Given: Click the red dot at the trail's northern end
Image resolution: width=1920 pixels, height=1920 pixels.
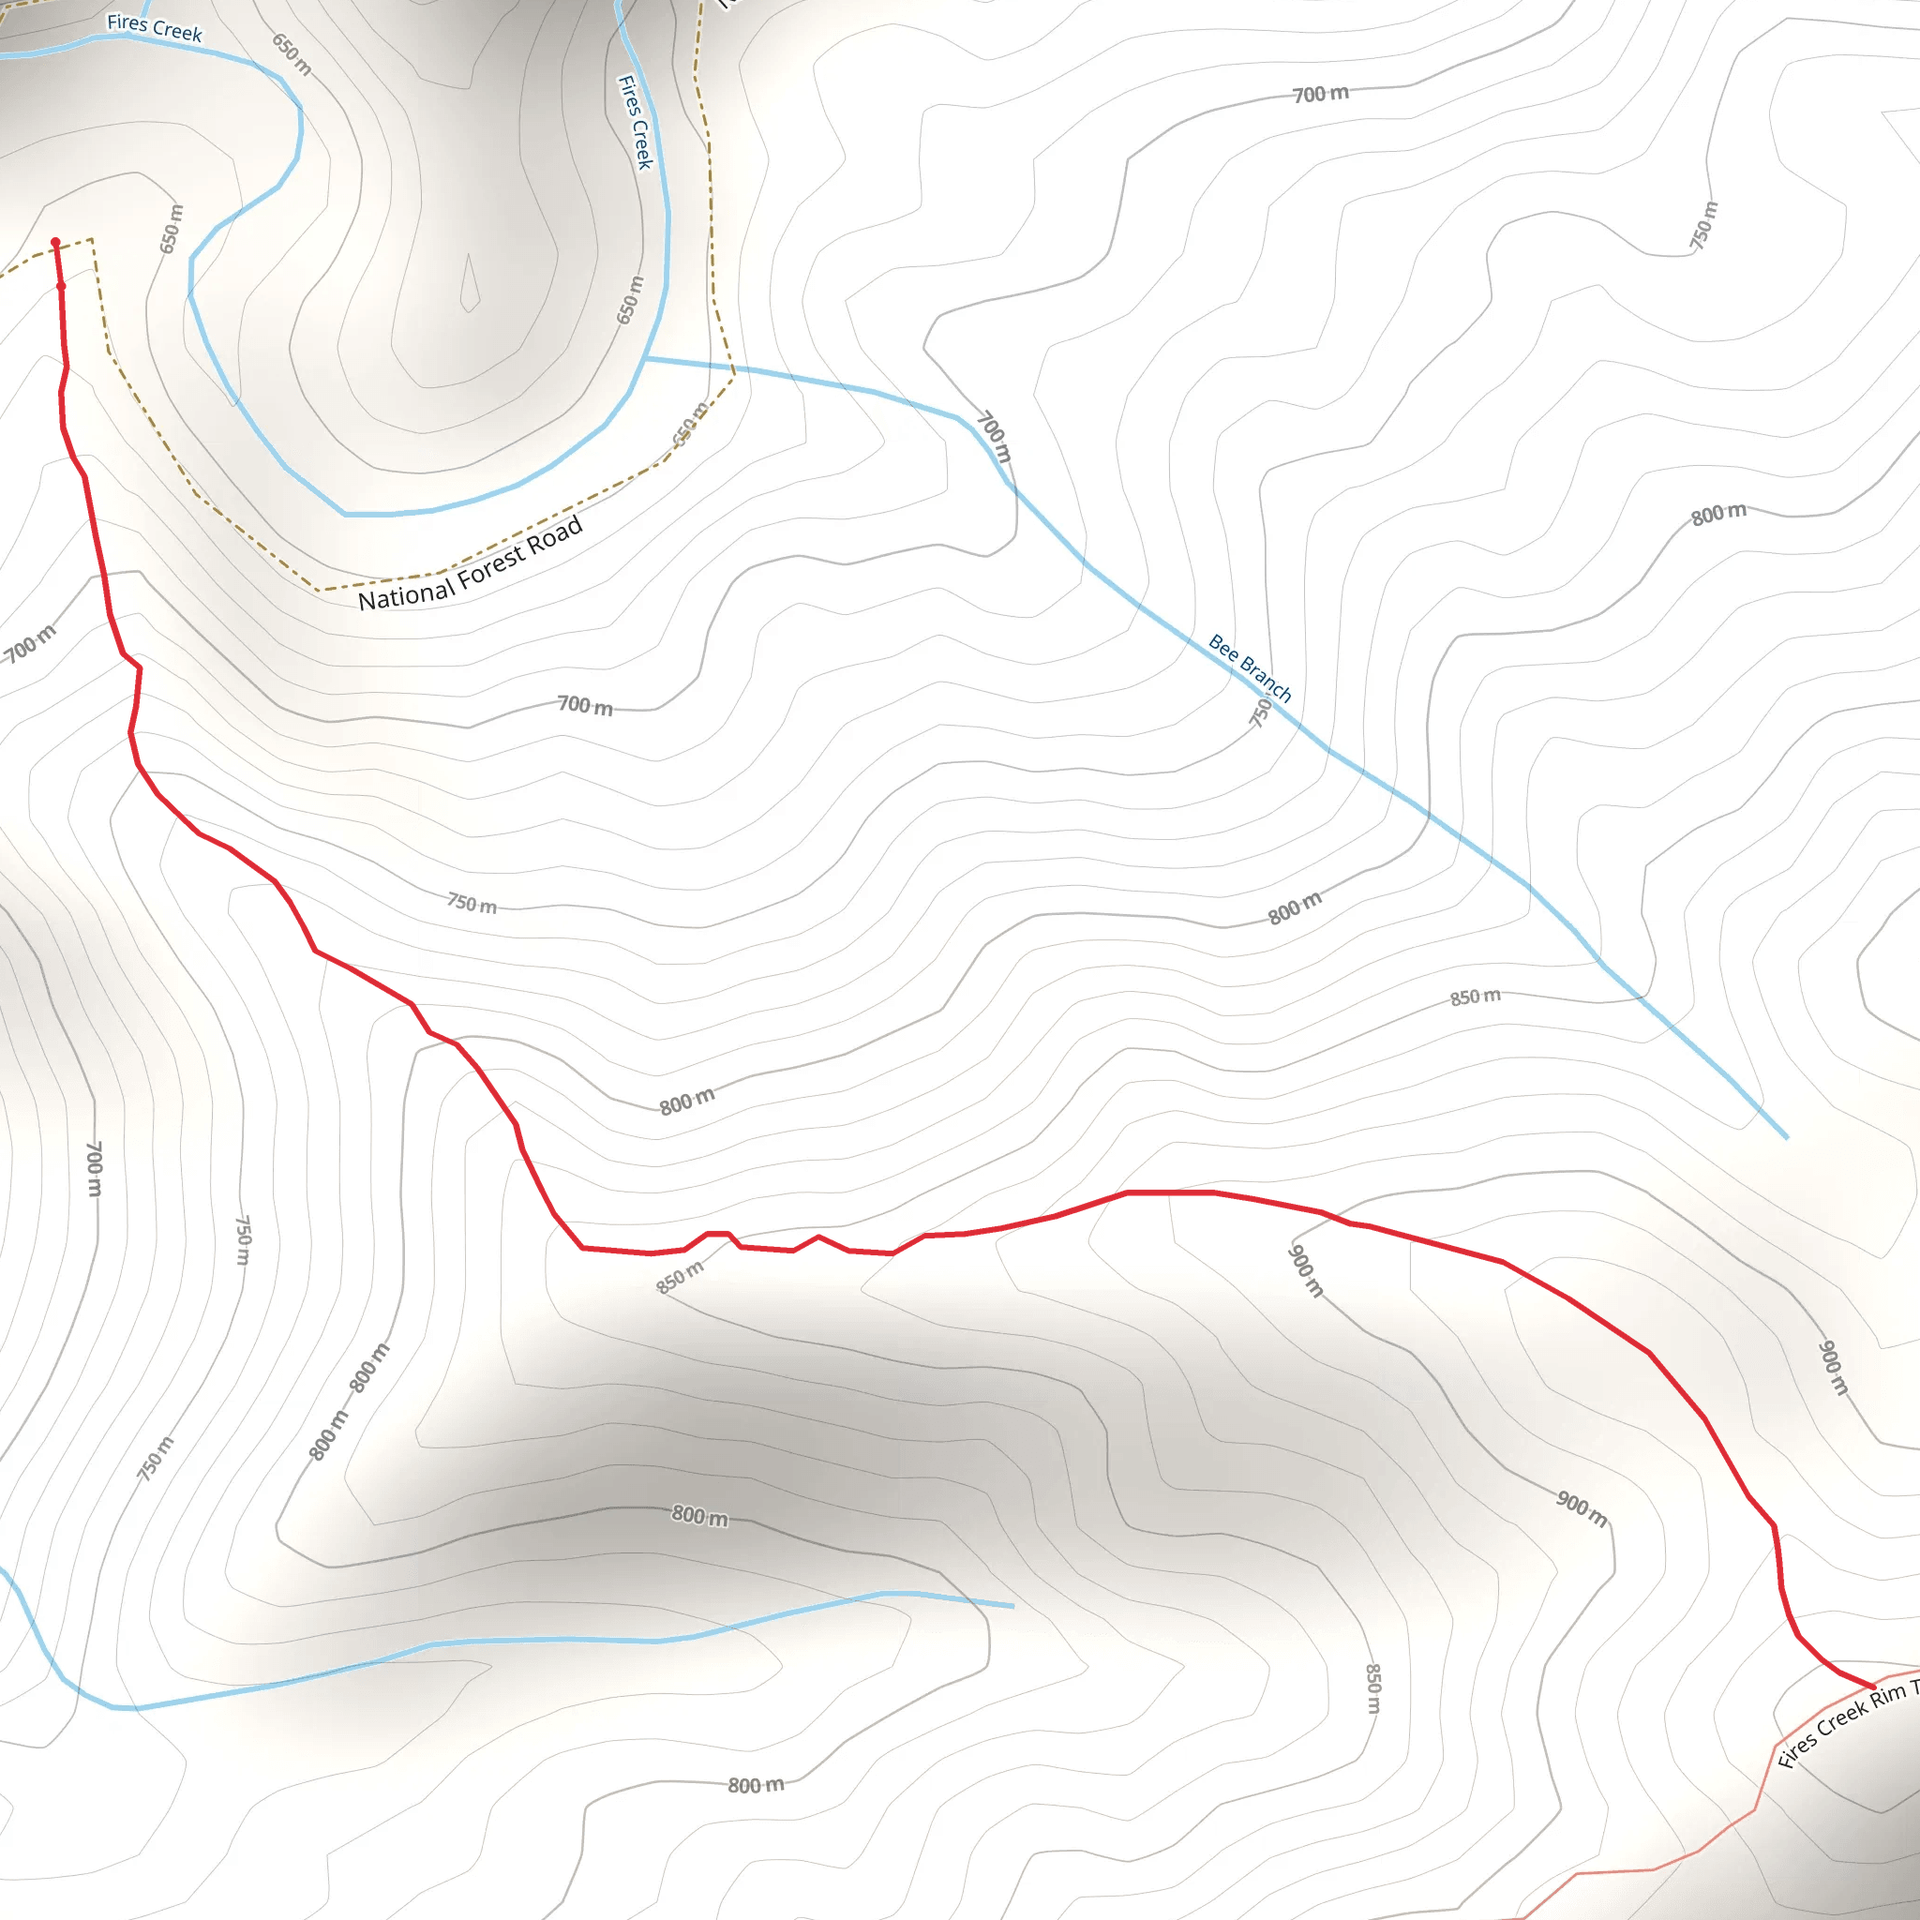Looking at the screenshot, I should coord(55,243).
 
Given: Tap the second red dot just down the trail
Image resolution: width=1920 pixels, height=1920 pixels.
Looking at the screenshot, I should coord(62,286).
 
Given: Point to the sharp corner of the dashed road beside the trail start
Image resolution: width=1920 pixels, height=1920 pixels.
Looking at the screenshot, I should coord(92,239).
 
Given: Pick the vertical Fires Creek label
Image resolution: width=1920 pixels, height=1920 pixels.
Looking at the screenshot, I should coord(635,121).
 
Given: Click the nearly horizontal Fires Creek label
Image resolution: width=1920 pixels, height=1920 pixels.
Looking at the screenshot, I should coord(154,28).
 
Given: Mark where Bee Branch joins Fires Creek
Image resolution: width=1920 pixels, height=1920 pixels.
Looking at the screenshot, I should coord(645,359).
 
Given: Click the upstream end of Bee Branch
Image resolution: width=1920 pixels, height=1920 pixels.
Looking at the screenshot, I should coord(1786,1137).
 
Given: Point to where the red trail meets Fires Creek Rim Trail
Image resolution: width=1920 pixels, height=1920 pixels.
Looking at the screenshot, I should coord(1873,1687).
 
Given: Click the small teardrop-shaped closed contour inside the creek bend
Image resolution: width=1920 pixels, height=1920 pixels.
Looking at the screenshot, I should coord(469,285).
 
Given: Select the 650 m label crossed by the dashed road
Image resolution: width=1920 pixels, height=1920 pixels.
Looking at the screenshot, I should coord(690,425).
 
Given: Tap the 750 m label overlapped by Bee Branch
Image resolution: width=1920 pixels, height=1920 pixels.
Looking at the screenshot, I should coord(1260,712).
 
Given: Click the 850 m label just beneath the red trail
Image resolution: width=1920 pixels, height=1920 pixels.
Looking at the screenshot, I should coord(680,1277).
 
